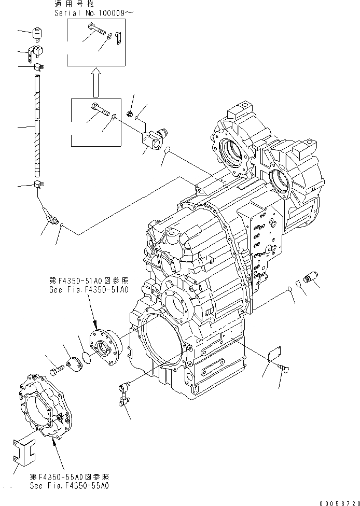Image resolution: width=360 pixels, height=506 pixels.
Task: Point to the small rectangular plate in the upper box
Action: (118, 37)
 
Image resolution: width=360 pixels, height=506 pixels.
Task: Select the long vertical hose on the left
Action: (37, 127)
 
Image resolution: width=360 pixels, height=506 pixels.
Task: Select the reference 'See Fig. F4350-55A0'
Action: (70, 486)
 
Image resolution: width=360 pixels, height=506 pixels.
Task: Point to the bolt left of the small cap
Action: (56, 370)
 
